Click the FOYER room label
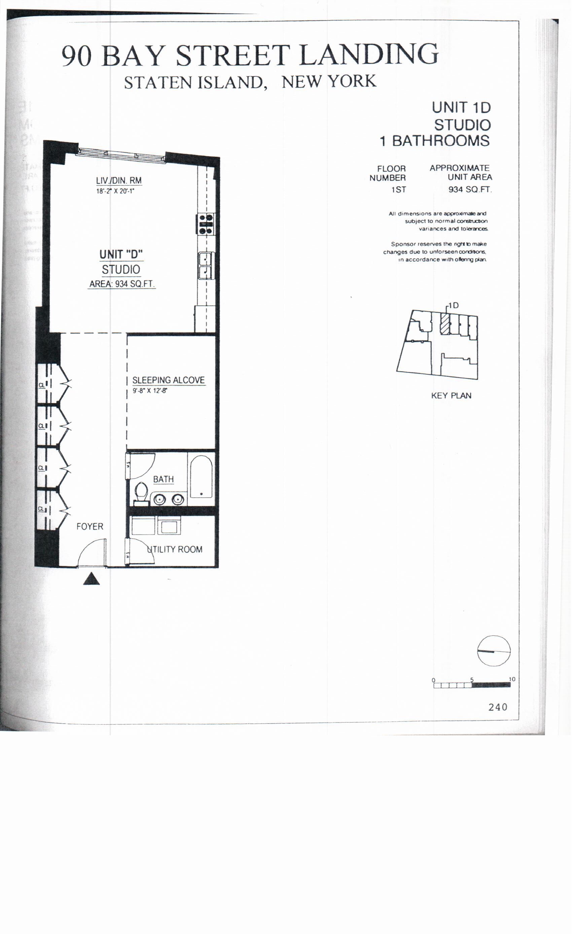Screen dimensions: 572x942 [x=90, y=527]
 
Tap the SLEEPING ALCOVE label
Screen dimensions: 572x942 [x=168, y=380]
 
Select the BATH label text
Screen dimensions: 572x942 [x=163, y=479]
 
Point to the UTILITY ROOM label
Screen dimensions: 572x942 [x=175, y=549]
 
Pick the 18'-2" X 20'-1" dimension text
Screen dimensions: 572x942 [x=115, y=191]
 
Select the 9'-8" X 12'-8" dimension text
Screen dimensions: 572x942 [x=150, y=391]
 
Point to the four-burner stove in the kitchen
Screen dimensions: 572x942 [x=206, y=224]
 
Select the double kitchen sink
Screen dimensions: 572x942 [x=206, y=266]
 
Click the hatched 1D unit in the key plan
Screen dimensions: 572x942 [x=444, y=324]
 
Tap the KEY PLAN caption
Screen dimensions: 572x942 [x=451, y=396]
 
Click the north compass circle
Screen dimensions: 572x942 [x=494, y=651]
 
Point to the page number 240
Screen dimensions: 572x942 [x=497, y=707]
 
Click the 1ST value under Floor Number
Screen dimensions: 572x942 [x=398, y=190]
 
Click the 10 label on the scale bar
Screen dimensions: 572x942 [x=512, y=679]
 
